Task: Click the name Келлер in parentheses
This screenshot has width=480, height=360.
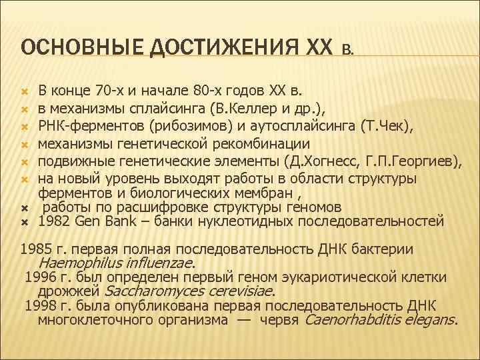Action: (x=253, y=109)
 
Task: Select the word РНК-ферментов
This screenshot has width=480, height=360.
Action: (x=83, y=127)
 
